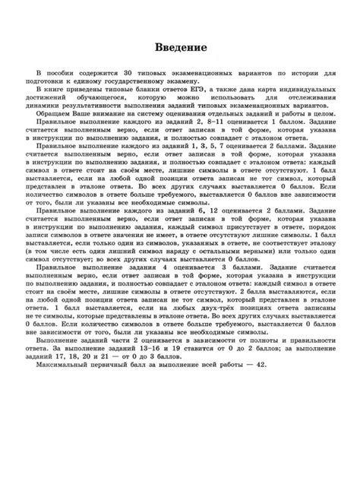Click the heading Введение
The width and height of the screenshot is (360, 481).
pos(180,47)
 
